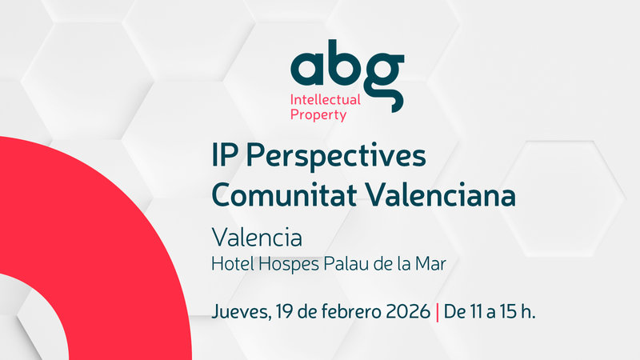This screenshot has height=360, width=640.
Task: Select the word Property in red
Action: (318, 115)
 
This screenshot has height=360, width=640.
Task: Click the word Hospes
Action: (285, 262)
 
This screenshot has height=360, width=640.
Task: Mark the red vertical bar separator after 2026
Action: (438, 310)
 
